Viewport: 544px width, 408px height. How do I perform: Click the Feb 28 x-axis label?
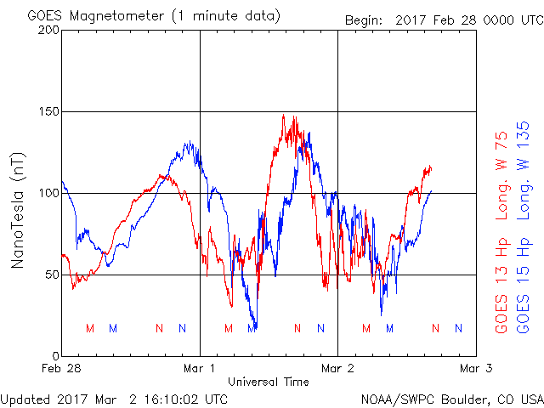(x=62, y=368)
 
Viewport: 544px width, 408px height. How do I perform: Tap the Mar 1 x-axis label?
(x=200, y=368)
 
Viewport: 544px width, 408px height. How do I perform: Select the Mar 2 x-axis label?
(x=337, y=368)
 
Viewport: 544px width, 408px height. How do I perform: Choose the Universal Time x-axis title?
(x=269, y=382)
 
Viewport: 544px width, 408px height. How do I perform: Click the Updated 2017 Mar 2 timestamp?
(x=114, y=398)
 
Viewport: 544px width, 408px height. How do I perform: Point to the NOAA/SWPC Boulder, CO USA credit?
(x=451, y=398)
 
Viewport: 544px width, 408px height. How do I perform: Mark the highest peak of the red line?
(x=284, y=115)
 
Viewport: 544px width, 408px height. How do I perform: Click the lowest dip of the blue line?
(x=252, y=328)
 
